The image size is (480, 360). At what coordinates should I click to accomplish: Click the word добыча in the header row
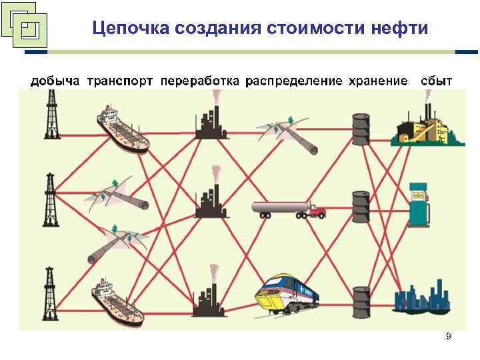(55, 81)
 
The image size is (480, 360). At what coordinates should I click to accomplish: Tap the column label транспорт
(120, 81)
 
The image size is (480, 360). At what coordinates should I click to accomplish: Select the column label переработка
(200, 81)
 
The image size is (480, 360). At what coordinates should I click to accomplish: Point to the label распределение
(294, 81)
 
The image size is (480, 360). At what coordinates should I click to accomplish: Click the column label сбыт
(436, 81)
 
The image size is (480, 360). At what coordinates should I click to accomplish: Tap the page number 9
(448, 337)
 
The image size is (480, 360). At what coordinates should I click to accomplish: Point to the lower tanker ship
(120, 301)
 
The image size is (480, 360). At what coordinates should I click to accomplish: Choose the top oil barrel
(361, 129)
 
